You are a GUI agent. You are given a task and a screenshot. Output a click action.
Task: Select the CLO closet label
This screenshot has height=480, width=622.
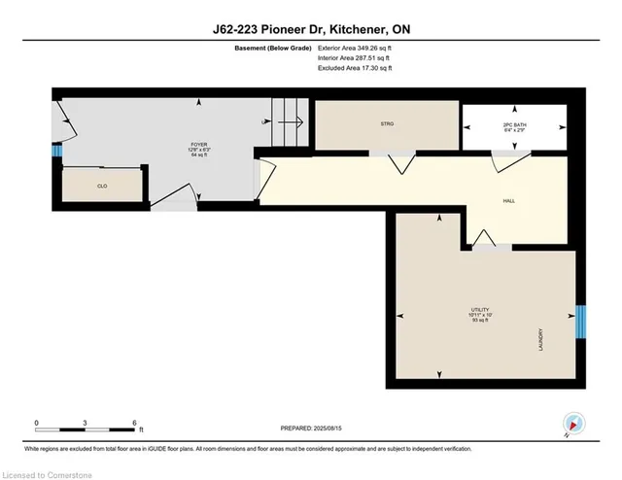tap(101, 185)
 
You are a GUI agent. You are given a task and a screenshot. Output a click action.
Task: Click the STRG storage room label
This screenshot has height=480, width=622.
tap(386, 124)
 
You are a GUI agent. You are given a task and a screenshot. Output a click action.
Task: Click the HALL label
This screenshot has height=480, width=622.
tap(507, 201)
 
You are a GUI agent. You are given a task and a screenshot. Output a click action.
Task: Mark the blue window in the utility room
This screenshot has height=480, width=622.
tap(581, 321)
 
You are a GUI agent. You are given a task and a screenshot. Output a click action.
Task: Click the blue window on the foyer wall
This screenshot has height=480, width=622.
tap(56, 153)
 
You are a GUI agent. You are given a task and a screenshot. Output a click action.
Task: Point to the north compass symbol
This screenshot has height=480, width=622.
tap(573, 424)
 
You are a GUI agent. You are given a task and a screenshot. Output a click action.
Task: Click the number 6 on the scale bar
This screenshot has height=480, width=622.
tap(134, 422)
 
